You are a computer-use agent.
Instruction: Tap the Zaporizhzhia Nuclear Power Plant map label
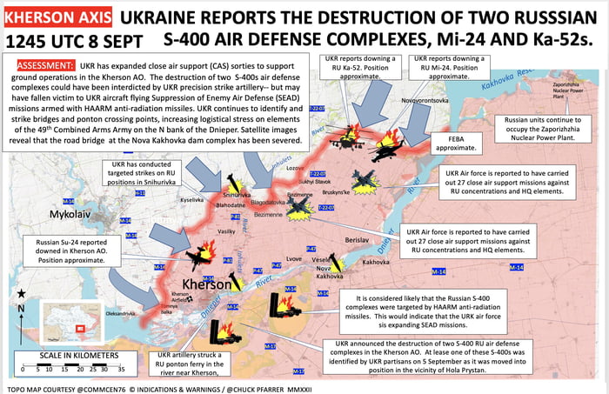[x=572, y=88]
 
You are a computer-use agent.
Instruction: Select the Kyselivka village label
[x=192, y=199]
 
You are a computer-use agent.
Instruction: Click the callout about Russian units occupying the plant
[x=553, y=129]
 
